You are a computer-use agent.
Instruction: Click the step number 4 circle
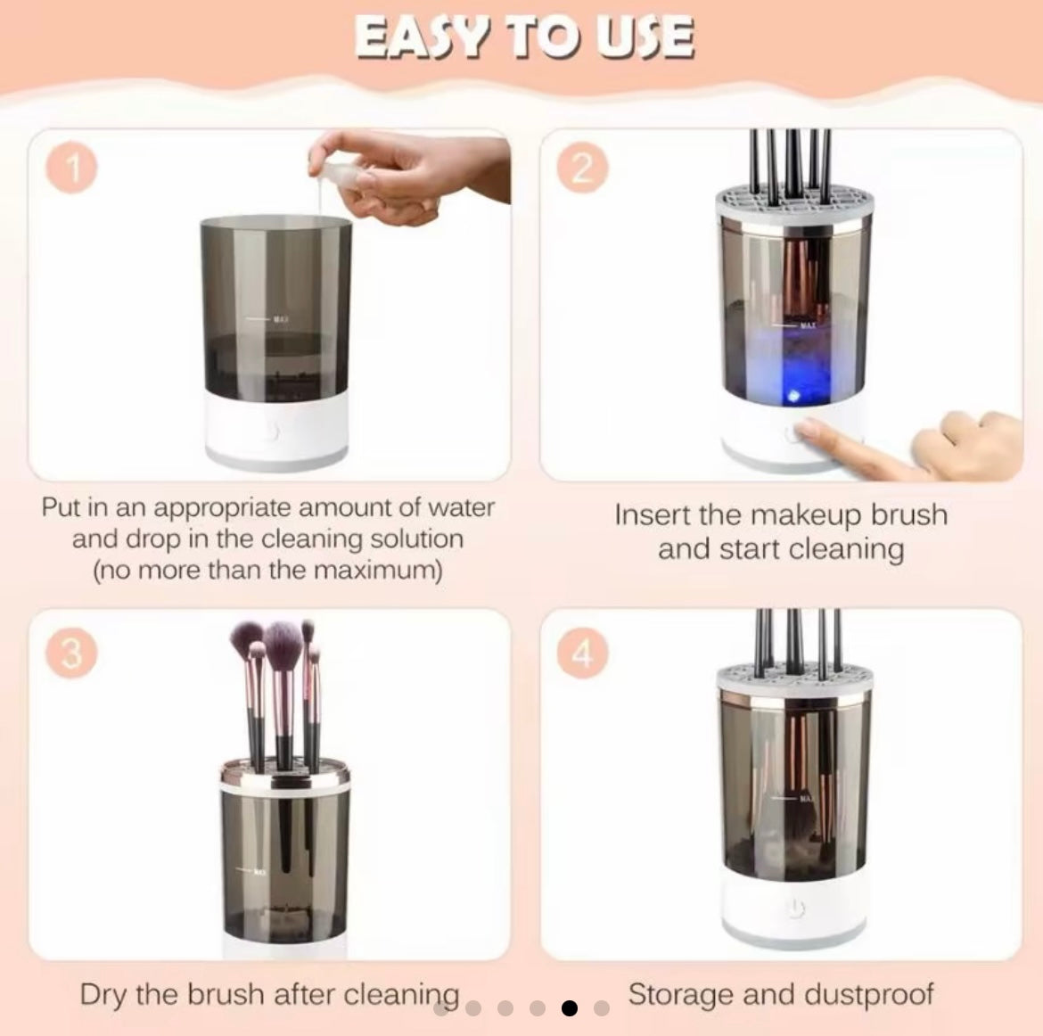click(x=580, y=654)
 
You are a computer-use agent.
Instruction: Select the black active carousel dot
click(x=570, y=1008)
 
